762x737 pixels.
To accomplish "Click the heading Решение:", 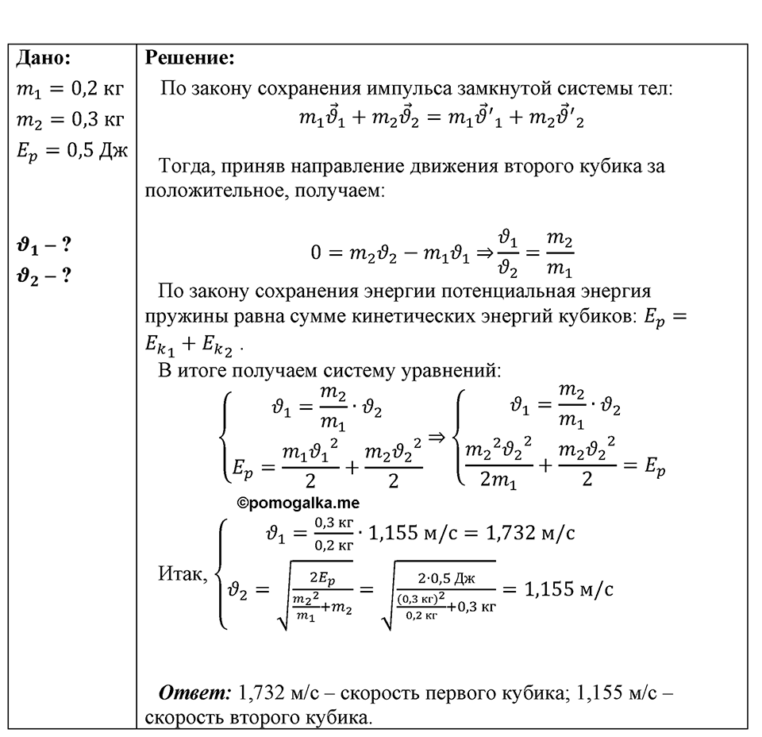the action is coord(190,58).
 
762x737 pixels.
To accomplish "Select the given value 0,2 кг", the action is coord(98,88).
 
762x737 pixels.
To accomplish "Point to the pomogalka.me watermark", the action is coord(298,504).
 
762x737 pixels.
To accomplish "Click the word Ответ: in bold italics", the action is coord(195,693).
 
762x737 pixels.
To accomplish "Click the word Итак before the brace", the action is coord(183,574).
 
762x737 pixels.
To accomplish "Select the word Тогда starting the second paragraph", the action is coord(187,167).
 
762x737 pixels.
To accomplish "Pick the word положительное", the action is coord(213,190).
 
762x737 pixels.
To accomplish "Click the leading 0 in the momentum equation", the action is coord(316,253).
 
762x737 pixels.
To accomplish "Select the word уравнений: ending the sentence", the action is coord(451,371).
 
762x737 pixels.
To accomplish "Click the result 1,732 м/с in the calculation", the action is coord(530,534).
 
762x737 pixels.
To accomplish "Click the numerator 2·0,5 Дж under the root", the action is coord(446,578).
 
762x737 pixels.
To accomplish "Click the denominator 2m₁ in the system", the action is coord(498,480).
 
